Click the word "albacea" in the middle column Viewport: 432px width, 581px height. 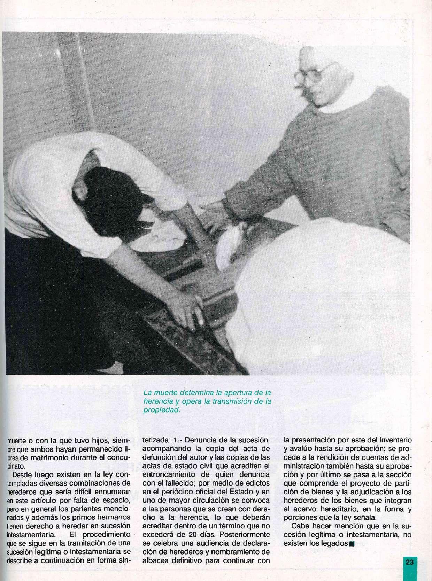click(x=156, y=560)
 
